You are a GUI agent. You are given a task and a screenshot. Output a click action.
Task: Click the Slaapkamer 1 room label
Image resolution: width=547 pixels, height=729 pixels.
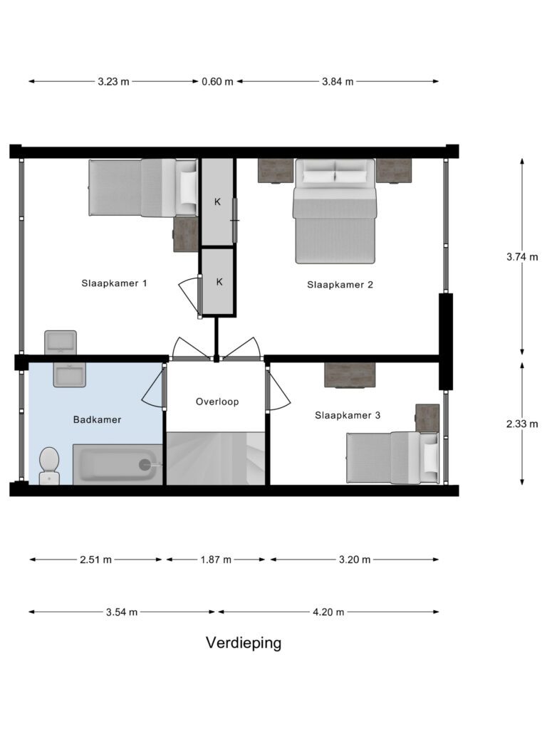click(x=115, y=283)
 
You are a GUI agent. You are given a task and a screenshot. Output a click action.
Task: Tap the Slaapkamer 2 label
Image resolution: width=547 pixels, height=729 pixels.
click(x=340, y=285)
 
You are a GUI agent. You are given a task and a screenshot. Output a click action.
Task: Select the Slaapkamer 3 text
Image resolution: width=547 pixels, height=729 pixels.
click(x=348, y=415)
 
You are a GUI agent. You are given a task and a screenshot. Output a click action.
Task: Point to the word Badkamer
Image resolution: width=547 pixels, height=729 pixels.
click(x=97, y=419)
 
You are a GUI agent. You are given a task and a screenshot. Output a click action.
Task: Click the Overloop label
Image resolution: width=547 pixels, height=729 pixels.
click(x=217, y=402)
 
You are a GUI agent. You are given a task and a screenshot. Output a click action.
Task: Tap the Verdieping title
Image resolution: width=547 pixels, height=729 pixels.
click(x=244, y=643)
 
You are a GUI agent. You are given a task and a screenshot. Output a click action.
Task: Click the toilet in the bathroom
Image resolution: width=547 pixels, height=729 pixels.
click(x=49, y=466)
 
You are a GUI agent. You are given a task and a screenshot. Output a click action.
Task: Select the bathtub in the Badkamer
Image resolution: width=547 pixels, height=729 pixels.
click(x=118, y=464)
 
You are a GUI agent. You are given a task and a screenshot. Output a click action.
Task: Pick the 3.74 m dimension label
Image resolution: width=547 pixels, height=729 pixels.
click(x=522, y=256)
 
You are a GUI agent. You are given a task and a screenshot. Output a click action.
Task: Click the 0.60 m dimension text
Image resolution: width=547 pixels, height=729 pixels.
click(x=217, y=82)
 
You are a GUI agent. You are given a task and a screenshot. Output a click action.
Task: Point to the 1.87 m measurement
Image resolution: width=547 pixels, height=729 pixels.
click(x=216, y=560)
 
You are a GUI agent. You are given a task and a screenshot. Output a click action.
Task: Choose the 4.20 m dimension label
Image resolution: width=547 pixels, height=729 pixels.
click(x=328, y=612)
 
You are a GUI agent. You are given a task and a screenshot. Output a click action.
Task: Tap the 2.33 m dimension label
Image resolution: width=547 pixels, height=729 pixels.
click(x=522, y=424)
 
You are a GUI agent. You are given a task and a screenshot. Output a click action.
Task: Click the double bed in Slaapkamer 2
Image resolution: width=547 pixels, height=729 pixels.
click(x=335, y=211)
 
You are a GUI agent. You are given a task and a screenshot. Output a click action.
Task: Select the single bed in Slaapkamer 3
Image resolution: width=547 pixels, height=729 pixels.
click(x=392, y=458)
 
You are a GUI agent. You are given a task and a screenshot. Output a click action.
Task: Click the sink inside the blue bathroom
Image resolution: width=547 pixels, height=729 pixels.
click(x=69, y=374)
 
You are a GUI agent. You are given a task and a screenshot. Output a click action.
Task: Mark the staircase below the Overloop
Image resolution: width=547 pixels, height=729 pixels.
click(x=216, y=458)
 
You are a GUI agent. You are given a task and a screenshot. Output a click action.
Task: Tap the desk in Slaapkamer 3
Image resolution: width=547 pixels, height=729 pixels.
click(x=350, y=374)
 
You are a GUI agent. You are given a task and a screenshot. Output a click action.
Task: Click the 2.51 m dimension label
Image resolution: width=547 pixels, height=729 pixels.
click(x=95, y=560)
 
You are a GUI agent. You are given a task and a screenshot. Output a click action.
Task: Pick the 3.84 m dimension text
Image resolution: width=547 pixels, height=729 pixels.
click(x=338, y=82)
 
